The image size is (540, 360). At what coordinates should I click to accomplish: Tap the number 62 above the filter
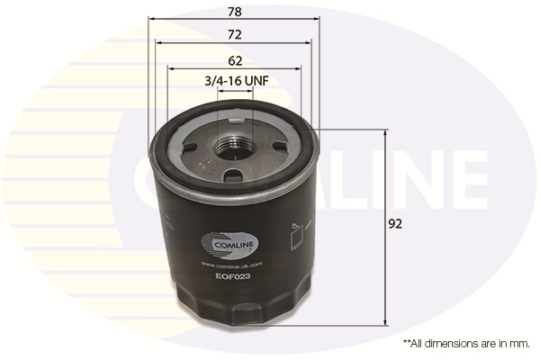click(x=235, y=61)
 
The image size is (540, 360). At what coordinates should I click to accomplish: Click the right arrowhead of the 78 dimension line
click(x=317, y=19)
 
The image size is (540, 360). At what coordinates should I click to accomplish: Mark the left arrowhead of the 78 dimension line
click(x=151, y=19)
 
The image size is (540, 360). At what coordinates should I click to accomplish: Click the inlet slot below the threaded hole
click(x=232, y=175)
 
